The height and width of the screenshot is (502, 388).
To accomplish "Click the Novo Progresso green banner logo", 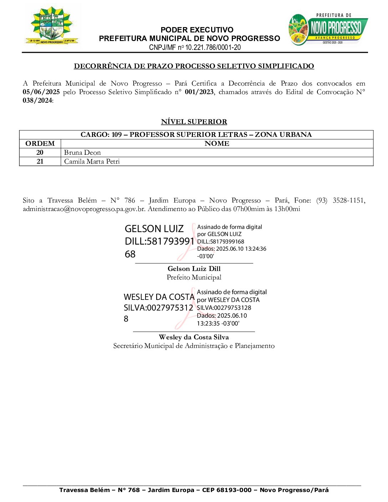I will point(328,30).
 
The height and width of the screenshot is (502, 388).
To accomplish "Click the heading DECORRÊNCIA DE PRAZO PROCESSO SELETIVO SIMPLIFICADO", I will point(194,66).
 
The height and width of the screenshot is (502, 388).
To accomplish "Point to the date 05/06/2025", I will point(41,92).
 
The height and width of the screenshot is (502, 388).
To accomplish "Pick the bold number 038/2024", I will point(37,101).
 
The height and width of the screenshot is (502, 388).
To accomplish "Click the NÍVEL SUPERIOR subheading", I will point(194,122).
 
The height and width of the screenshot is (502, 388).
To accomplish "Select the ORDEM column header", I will point(40,144).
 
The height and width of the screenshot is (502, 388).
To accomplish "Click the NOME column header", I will point(217,144).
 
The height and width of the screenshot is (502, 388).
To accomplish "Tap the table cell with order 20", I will point(40,153).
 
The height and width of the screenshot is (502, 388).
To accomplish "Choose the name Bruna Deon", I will point(82,153).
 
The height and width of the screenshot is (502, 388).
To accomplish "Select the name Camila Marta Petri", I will point(92,162).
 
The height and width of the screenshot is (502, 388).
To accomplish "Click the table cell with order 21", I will point(40,162).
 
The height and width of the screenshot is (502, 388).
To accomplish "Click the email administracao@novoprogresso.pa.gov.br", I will point(84,209).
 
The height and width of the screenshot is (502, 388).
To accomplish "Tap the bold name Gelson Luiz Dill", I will point(194,269).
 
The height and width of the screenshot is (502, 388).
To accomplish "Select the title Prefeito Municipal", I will point(194,277).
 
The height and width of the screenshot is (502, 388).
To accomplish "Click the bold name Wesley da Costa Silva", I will point(194,337).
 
